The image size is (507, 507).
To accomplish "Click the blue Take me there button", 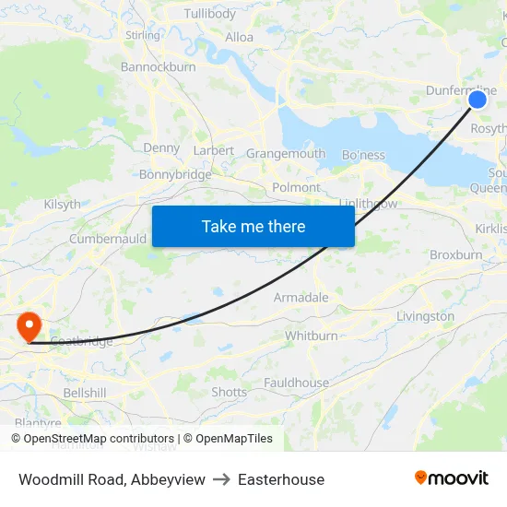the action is (x=253, y=226).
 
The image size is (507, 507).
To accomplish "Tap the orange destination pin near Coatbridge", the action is (x=29, y=325).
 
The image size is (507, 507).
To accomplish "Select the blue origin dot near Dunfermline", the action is (x=477, y=100).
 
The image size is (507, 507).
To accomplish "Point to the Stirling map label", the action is (x=143, y=35).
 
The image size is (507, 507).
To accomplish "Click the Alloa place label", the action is (x=240, y=38).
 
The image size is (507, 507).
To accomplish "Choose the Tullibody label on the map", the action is (x=210, y=14).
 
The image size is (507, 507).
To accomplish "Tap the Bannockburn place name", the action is (x=158, y=66).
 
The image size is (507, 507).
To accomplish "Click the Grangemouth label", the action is (x=286, y=154).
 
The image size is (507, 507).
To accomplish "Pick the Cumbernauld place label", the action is (x=108, y=239).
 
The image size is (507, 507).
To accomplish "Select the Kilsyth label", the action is (x=62, y=205).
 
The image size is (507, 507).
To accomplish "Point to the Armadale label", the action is (x=301, y=298).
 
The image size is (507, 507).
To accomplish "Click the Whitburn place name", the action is (x=311, y=336).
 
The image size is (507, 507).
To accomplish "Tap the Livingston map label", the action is (x=425, y=316).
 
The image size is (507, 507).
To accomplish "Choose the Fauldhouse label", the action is (x=296, y=383).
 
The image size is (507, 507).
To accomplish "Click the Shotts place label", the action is (x=230, y=392).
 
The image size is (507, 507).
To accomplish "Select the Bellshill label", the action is (x=85, y=393).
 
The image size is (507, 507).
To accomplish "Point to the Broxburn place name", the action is (x=455, y=254).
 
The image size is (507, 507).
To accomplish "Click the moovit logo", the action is (x=452, y=478).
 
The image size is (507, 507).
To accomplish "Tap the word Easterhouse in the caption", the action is (x=281, y=479).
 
